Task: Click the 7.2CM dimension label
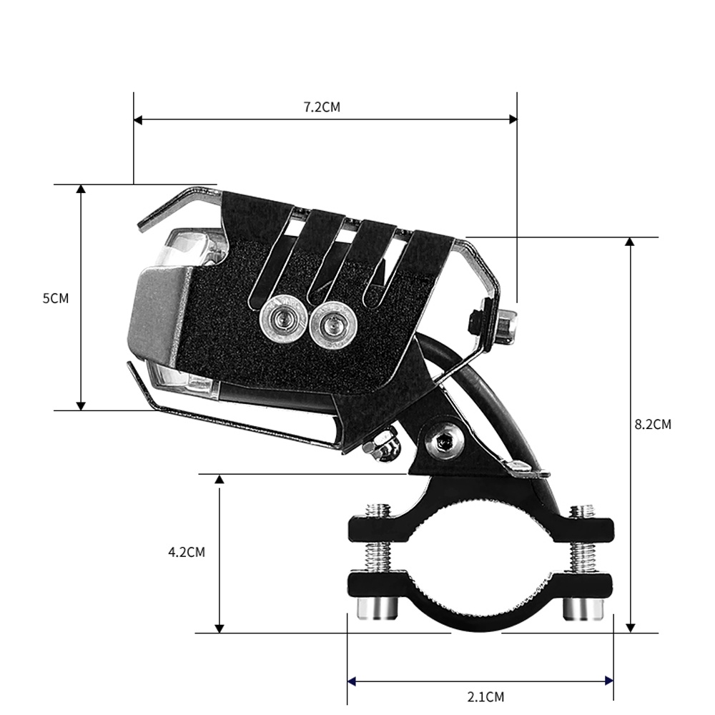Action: (x=322, y=107)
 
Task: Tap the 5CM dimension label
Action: (x=56, y=298)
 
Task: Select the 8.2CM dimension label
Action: (x=653, y=424)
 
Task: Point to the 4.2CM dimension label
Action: (x=187, y=552)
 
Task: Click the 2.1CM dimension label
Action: (x=485, y=696)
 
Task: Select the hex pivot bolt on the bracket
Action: (x=444, y=443)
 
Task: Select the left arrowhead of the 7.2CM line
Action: (x=138, y=119)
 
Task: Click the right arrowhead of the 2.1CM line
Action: (x=609, y=681)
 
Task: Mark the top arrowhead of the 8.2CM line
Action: (x=630, y=242)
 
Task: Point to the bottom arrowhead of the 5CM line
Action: (x=81, y=405)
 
